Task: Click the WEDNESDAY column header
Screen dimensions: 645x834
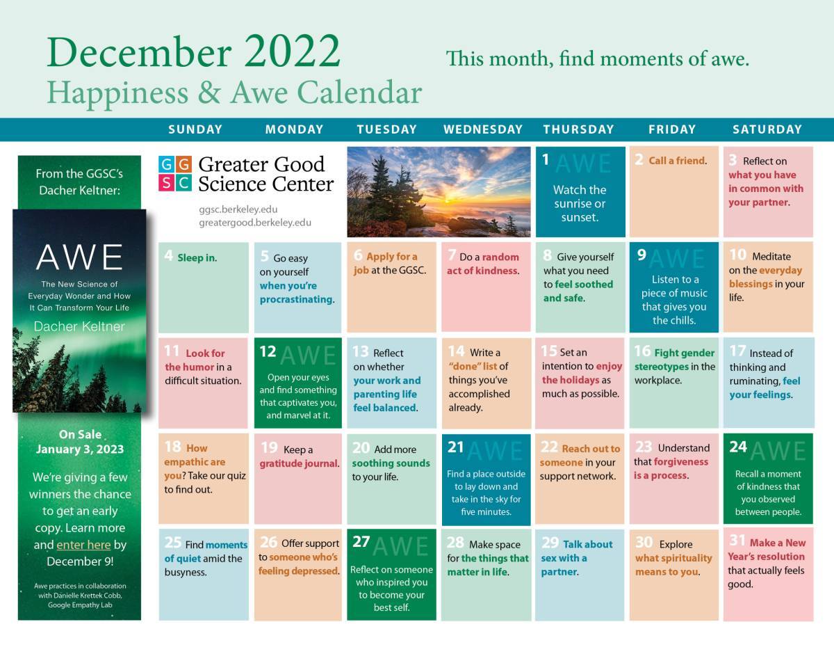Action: pos(482,129)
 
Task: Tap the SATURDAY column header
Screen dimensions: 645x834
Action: pos(767,129)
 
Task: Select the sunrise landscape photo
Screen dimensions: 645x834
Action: pos(439,191)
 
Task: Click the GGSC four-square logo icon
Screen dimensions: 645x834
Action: pos(174,173)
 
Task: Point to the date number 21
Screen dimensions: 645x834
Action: pos(455,447)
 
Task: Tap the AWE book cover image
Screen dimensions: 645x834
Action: pos(79,310)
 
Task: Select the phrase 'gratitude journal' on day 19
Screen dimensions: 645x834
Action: pos(299,463)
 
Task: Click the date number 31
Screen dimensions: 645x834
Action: pos(737,541)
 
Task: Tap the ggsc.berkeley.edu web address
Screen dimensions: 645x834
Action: pos(238,209)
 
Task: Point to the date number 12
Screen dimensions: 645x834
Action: pos(268,352)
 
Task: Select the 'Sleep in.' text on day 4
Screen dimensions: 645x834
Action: pos(197,257)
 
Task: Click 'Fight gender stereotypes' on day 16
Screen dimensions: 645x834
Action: pos(674,360)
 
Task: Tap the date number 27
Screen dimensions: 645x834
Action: pos(361,542)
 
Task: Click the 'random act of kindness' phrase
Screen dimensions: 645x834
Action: pos(483,264)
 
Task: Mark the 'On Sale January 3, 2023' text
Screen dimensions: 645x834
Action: pos(79,442)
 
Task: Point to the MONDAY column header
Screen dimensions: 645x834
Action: pos(294,129)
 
